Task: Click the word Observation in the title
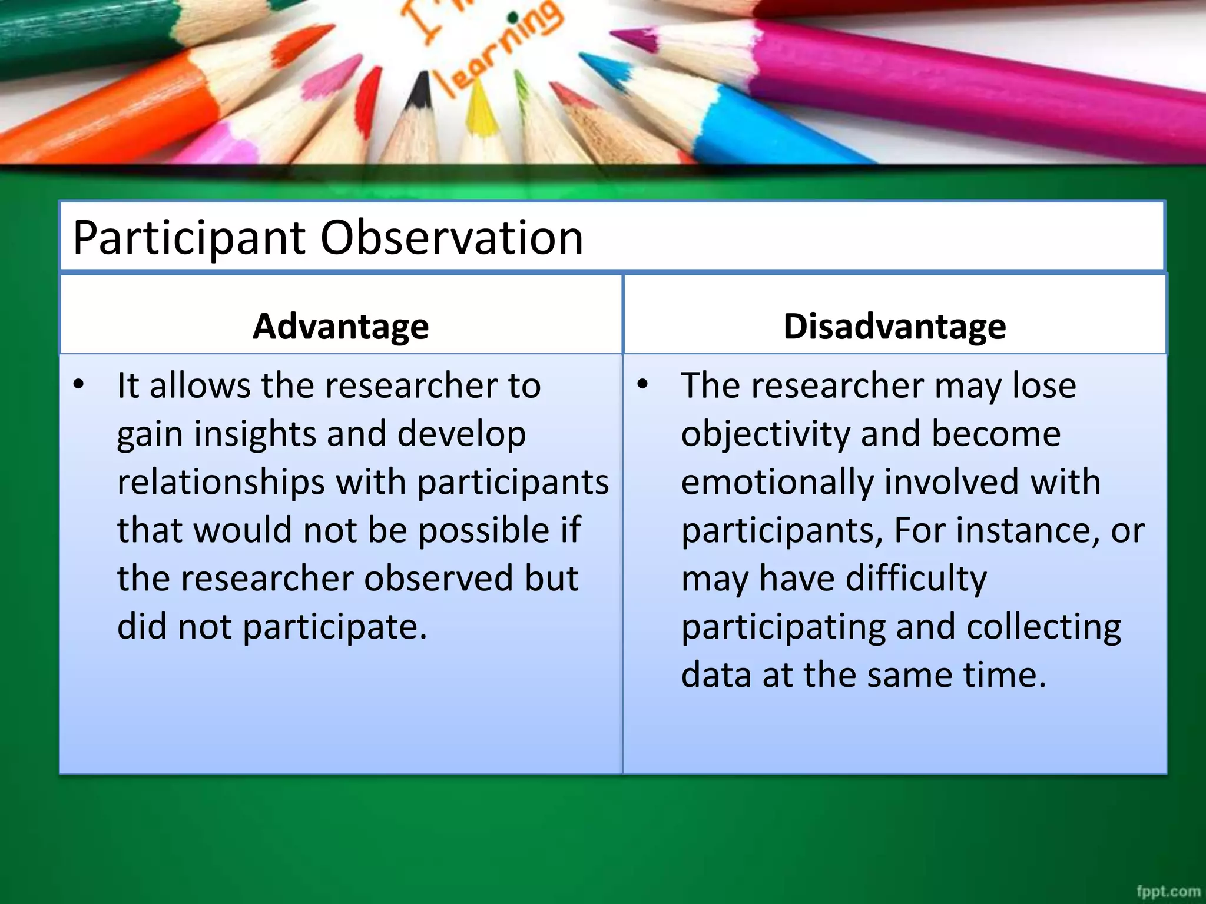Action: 451,237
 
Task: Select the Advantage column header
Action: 340,326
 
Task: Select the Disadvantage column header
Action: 894,326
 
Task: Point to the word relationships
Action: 221,483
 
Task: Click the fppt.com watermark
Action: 1168,892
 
